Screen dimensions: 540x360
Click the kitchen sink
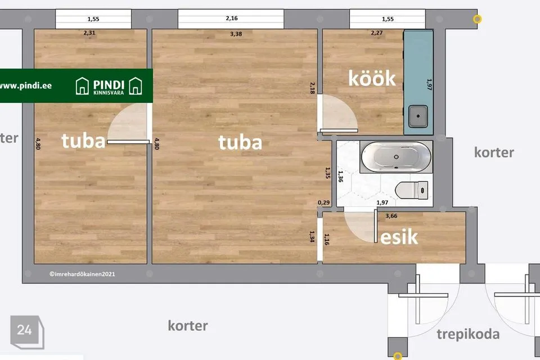pos(418,116)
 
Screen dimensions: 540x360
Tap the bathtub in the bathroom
pos(396,157)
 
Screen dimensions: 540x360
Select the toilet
pos(412,190)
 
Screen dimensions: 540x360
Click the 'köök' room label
pos(372,78)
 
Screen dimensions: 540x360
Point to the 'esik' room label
pos(399,237)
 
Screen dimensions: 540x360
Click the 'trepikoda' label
pos(468,334)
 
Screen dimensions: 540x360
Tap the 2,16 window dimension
pos(232,18)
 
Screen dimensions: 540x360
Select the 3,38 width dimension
pos(236,34)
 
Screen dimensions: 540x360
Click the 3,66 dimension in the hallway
pos(391,216)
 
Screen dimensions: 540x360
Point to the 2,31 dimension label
pos(89,33)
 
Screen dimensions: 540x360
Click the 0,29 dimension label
pos(324,202)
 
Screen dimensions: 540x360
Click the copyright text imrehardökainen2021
pos(82,274)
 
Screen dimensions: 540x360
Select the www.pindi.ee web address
pos(25,85)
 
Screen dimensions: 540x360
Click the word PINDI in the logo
pos(109,85)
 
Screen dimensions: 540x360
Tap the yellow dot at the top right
pos(478,19)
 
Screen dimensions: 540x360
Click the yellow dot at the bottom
pos(398,356)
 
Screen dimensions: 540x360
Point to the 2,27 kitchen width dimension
pos(377,33)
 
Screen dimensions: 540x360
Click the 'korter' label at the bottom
pos(188,326)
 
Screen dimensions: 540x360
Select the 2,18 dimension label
pos(312,88)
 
